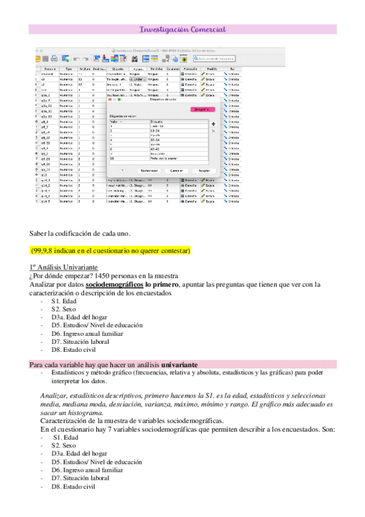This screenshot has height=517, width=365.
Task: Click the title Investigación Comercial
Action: pyautogui.click(x=182, y=29)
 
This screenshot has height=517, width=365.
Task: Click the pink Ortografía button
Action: pyautogui.click(x=202, y=109)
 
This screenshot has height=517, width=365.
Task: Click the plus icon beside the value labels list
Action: pyautogui.click(x=213, y=123)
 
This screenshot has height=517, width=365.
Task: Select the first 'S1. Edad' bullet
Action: pyautogui.click(x=65, y=301)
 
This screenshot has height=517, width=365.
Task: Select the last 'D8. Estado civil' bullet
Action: pyautogui.click(x=73, y=487)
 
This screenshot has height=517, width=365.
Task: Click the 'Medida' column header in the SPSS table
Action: pyautogui.click(x=211, y=70)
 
